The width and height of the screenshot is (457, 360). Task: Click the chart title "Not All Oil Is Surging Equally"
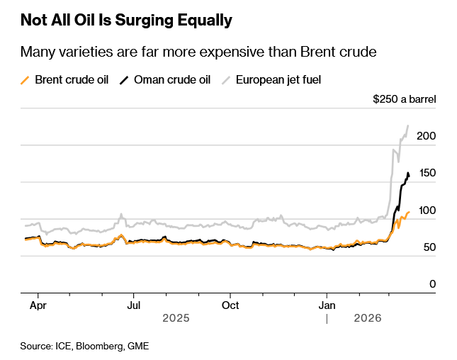[126, 21]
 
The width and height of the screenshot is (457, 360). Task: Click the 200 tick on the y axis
[427, 136]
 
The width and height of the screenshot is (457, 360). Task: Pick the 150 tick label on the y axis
[427, 173]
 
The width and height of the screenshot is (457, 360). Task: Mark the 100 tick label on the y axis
[427, 210]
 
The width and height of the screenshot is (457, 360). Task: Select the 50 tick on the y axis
[429, 247]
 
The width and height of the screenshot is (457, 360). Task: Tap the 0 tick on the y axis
[432, 284]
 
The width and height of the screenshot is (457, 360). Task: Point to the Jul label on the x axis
[134, 305]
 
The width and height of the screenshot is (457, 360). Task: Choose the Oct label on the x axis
[230, 305]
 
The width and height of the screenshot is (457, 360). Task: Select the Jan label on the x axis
[326, 305]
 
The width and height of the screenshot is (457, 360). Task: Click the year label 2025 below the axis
[176, 320]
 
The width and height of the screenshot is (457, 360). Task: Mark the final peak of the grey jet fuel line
[408, 126]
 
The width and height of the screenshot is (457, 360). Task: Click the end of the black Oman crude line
[409, 175]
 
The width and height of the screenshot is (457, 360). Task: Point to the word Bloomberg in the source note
[98, 346]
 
